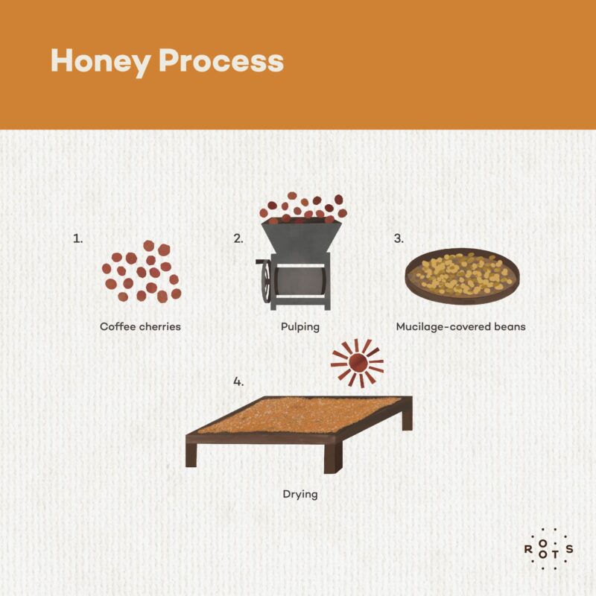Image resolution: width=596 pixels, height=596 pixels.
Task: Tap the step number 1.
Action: click(x=77, y=238)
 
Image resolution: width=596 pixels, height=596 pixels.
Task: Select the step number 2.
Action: click(x=238, y=238)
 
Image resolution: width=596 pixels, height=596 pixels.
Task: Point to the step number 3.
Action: click(x=399, y=238)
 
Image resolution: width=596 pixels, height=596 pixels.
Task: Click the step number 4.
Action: click(x=238, y=381)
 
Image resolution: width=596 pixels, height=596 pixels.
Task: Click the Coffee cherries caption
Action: click(x=140, y=326)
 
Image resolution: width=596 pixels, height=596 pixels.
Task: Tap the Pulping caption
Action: click(x=301, y=326)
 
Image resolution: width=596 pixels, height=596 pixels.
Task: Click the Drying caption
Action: click(x=300, y=493)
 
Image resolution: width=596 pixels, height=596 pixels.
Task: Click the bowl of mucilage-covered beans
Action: click(x=461, y=275)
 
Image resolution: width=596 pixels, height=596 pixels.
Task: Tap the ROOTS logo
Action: click(x=548, y=550)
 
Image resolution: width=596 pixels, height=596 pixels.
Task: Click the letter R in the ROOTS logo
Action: click(x=528, y=550)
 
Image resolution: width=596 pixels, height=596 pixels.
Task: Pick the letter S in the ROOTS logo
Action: click(x=569, y=550)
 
